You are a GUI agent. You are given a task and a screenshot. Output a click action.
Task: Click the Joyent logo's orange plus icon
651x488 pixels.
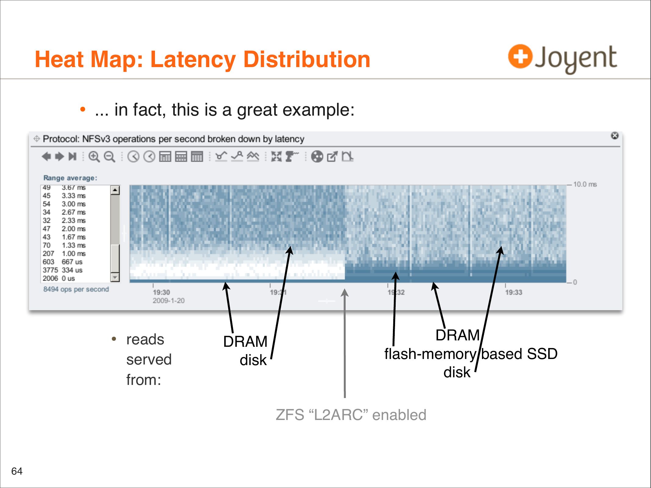tap(520, 56)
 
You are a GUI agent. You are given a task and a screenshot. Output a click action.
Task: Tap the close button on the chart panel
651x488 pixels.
tap(615, 135)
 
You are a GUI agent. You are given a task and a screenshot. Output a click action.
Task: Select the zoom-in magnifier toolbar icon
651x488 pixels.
tap(94, 157)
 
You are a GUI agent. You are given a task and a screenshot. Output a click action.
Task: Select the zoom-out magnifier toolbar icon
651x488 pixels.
tap(110, 157)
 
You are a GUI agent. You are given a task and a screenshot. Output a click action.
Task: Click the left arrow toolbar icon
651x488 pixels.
tap(46, 156)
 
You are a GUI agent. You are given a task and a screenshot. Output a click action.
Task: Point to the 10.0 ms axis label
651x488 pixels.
tap(585, 184)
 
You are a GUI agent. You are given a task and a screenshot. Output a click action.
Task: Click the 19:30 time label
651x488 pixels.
tap(161, 292)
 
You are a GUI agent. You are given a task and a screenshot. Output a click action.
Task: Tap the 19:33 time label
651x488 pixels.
tap(514, 292)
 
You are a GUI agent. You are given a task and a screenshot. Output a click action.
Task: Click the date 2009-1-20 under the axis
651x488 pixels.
tap(169, 300)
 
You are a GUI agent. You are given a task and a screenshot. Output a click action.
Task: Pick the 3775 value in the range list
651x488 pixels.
tap(50, 270)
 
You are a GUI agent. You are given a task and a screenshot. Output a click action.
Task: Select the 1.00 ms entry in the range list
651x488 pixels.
tap(74, 253)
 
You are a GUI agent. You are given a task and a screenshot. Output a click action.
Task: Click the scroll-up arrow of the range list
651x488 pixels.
tap(115, 190)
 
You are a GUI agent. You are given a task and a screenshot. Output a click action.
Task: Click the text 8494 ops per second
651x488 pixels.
tap(76, 289)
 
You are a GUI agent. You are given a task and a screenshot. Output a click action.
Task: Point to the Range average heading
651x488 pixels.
tap(70, 178)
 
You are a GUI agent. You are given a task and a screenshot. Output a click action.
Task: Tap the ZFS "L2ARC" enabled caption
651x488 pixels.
tap(351, 415)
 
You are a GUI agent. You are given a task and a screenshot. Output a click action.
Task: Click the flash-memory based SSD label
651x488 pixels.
tap(471, 354)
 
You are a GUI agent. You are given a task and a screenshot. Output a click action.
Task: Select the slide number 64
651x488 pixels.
tap(17, 471)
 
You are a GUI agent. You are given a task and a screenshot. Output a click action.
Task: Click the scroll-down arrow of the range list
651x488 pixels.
tap(115, 277)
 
